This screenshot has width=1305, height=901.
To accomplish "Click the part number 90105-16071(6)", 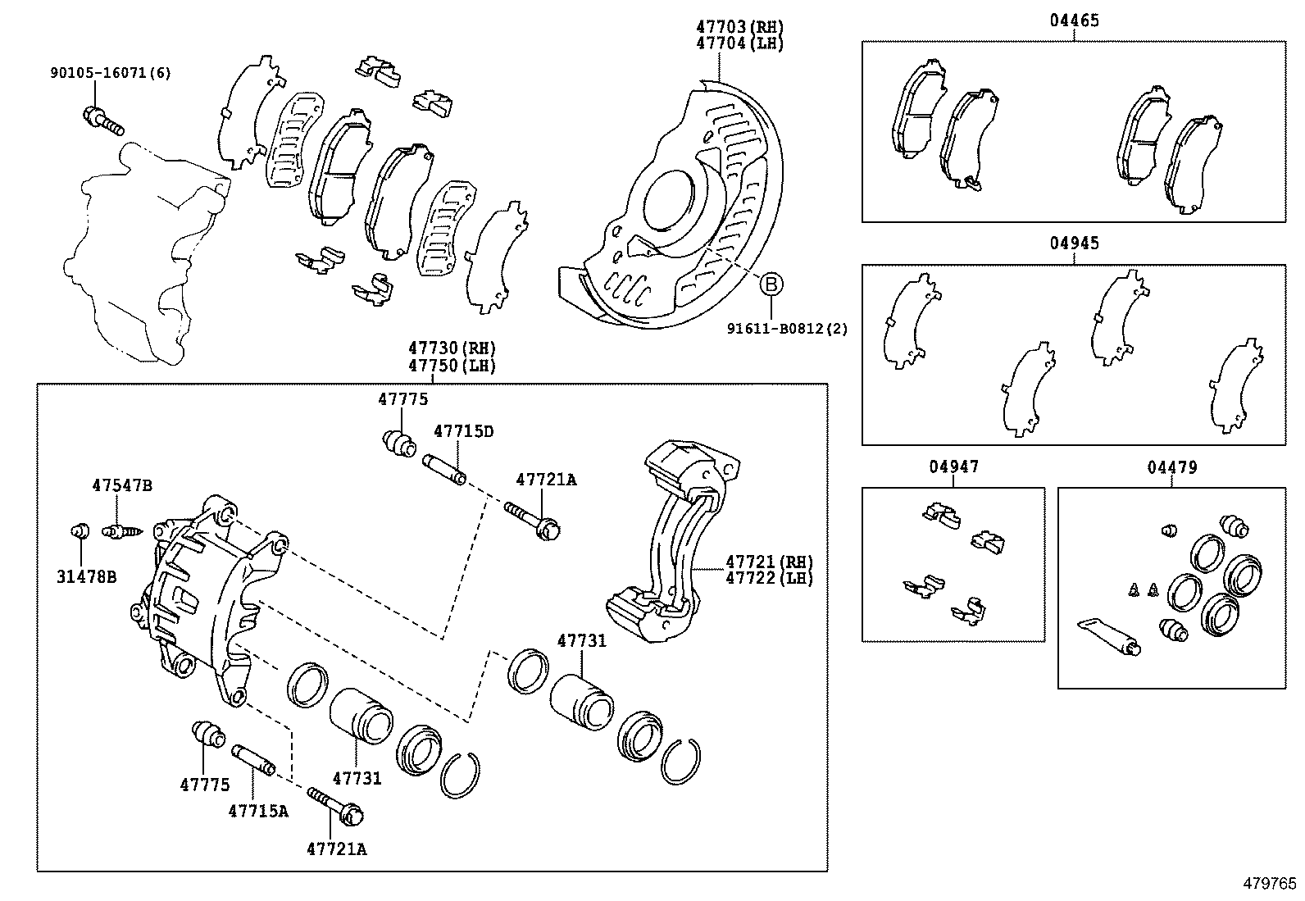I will pyautogui.click(x=110, y=73).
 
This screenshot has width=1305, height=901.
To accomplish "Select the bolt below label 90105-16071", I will pyautogui.click(x=102, y=121).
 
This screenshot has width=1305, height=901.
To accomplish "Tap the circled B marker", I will pyautogui.click(x=771, y=284).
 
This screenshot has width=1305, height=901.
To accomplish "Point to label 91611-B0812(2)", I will pyautogui.click(x=787, y=329).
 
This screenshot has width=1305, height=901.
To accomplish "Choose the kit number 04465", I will pyautogui.click(x=1074, y=20).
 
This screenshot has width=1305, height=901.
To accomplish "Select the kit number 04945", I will pyautogui.click(x=1074, y=243).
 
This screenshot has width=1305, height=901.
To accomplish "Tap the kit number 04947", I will pyautogui.click(x=953, y=467).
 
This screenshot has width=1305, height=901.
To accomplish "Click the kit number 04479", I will pyautogui.click(x=1171, y=467).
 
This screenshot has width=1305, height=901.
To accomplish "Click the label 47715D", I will pyautogui.click(x=463, y=431).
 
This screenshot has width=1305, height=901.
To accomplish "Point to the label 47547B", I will pyautogui.click(x=121, y=485).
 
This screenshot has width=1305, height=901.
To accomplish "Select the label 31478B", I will pyautogui.click(x=86, y=577).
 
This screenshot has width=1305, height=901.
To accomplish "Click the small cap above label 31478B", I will pyautogui.click(x=80, y=531).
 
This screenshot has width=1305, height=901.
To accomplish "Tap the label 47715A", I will pyautogui.click(x=258, y=811).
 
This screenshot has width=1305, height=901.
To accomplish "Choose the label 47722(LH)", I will pyautogui.click(x=769, y=578).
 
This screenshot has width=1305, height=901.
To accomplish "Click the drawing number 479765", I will pyautogui.click(x=1270, y=883).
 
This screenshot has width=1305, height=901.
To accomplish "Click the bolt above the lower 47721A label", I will pyautogui.click(x=337, y=806).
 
